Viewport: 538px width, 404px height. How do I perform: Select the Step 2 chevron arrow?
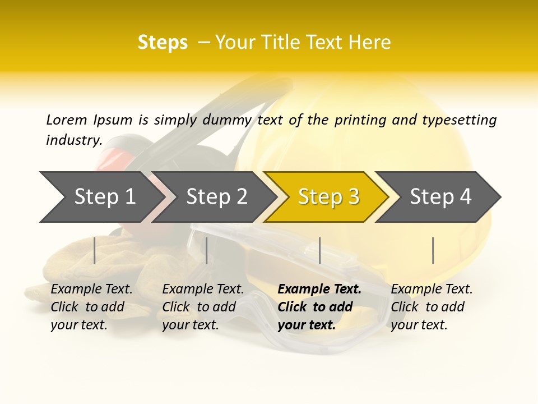216,197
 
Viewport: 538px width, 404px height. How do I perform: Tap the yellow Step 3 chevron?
328,197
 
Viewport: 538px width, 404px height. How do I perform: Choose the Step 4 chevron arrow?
440,197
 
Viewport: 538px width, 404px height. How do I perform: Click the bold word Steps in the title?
163,43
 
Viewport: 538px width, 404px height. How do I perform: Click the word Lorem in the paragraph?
66,120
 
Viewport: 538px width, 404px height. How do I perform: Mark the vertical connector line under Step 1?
95,250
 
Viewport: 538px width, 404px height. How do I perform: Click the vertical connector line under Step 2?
207,250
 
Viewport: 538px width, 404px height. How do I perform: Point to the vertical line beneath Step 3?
319,250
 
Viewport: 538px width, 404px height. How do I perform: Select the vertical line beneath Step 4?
433,250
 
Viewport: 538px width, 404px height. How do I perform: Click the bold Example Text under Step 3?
319,290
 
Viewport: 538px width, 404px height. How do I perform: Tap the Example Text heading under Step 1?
91,290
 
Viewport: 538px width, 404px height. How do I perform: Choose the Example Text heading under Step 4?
432,290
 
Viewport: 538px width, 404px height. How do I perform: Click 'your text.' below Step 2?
191,325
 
